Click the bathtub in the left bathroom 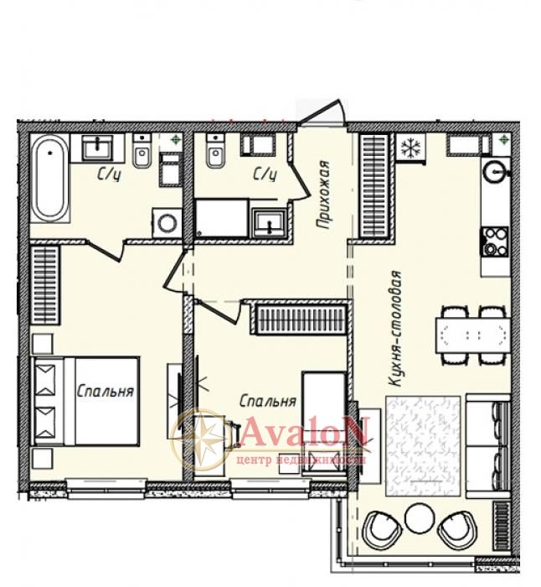[x=49, y=179]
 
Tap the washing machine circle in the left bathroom [x=167, y=223]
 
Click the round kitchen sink [x=497, y=172]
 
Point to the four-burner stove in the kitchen [x=495, y=242]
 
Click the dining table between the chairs [x=472, y=335]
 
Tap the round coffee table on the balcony [x=420, y=517]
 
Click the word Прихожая [x=322, y=195]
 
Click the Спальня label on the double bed [x=105, y=392]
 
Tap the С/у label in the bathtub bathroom [x=109, y=174]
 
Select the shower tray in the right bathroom [x=222, y=218]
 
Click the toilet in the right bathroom [x=215, y=152]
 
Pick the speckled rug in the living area [x=423, y=446]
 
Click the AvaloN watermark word [x=304, y=433]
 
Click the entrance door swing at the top [x=323, y=112]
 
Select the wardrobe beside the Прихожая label [x=374, y=186]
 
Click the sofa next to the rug [x=488, y=445]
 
